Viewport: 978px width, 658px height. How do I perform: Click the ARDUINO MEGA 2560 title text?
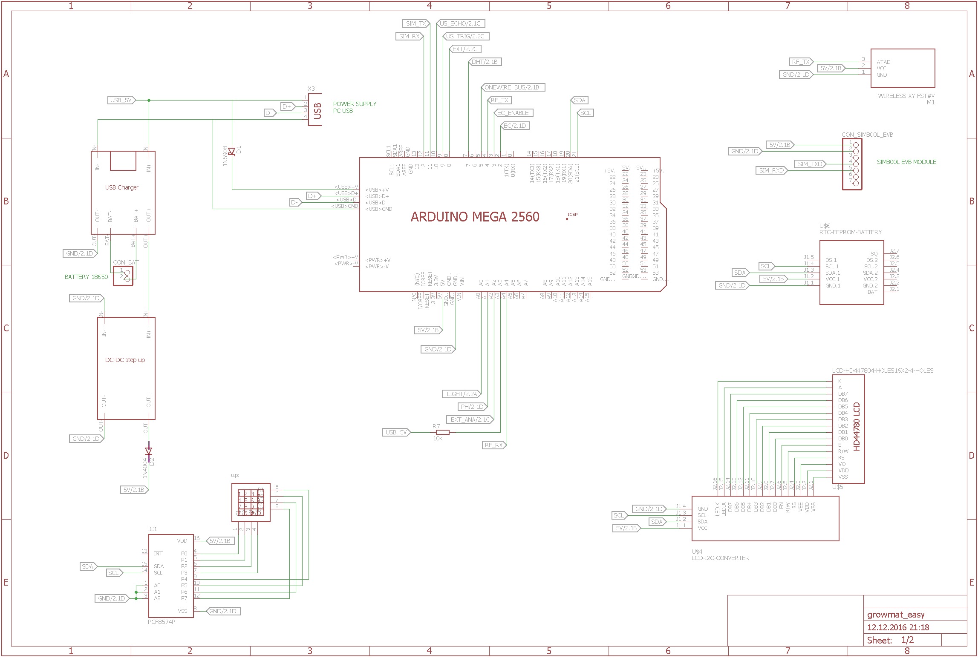pyautogui.click(x=475, y=217)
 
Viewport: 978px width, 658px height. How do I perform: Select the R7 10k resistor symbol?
pyautogui.click(x=443, y=432)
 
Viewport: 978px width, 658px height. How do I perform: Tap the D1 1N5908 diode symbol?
pyautogui.click(x=232, y=151)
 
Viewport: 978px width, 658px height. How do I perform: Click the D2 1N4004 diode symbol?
pyautogui.click(x=149, y=451)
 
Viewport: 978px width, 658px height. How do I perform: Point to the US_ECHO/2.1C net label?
pyautogui.click(x=460, y=23)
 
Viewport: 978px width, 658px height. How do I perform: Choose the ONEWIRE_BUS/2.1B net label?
pyautogui.click(x=512, y=87)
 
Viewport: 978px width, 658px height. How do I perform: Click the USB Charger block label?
pyautogui.click(x=122, y=187)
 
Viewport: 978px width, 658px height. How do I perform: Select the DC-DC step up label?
pyautogui.click(x=125, y=360)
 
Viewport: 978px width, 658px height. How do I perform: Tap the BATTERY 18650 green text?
pyautogui.click(x=86, y=277)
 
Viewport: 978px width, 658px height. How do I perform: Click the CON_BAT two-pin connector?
pyautogui.click(x=124, y=276)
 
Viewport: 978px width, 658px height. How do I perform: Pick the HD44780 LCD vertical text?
pyautogui.click(x=857, y=426)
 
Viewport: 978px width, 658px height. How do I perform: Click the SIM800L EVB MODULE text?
pyautogui.click(x=906, y=162)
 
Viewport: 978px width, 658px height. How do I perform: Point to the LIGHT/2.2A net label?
pyautogui.click(x=462, y=394)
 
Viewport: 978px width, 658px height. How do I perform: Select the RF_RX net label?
pyautogui.click(x=494, y=445)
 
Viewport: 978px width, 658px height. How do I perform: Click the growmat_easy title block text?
pyautogui.click(x=896, y=615)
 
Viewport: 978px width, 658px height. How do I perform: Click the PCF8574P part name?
pyautogui.click(x=162, y=622)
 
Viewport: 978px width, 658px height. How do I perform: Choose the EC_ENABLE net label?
pyautogui.click(x=513, y=113)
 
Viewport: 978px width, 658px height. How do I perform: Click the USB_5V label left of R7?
pyautogui.click(x=396, y=432)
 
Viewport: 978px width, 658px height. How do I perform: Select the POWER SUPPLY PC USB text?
pyautogui.click(x=354, y=107)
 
